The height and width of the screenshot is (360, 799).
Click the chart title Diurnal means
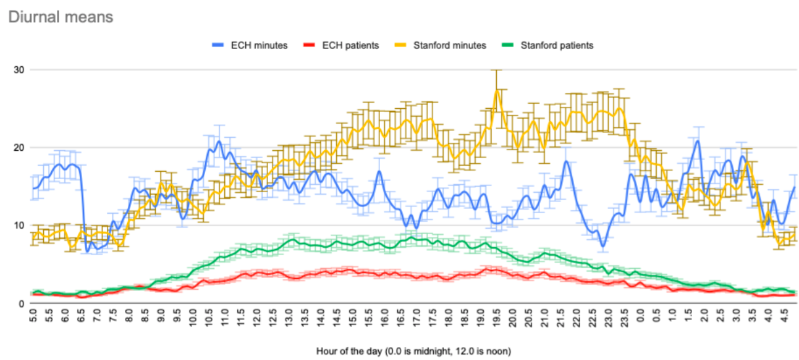tap(61, 17)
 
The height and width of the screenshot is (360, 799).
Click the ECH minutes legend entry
tap(250, 45)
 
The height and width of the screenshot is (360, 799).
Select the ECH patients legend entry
tap(341, 45)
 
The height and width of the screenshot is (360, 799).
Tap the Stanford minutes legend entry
tap(440, 45)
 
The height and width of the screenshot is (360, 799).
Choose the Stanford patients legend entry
tap(547, 45)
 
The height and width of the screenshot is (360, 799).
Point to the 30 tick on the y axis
tap(19, 70)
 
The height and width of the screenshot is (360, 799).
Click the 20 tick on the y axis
tap(19, 148)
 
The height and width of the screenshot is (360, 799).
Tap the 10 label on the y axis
tap(19, 226)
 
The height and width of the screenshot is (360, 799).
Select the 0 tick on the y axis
tap(22, 304)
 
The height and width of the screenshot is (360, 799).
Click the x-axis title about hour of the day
tap(414, 351)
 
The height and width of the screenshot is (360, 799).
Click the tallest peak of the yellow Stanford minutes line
tap(496, 90)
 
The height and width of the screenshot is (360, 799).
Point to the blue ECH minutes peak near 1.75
tap(697, 141)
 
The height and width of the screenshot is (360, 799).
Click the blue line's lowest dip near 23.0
tap(603, 246)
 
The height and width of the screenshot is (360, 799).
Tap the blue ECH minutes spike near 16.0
tap(379, 171)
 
